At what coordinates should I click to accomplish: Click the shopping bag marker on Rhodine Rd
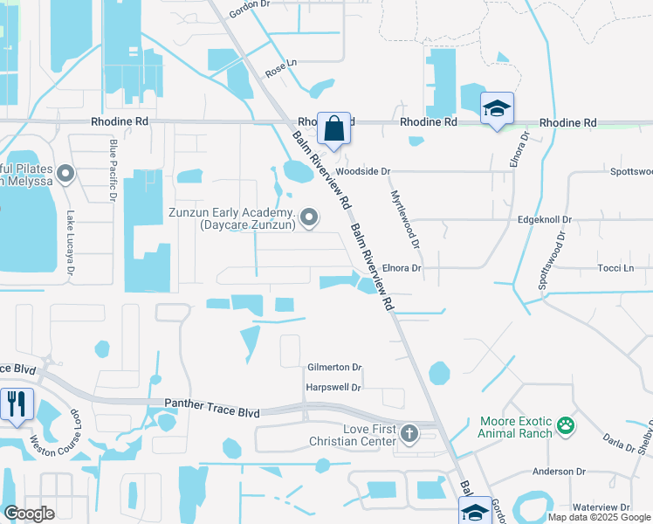[x=333, y=128]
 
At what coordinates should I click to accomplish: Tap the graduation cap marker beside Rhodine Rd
[x=497, y=109]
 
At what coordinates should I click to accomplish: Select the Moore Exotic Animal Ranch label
[x=515, y=427]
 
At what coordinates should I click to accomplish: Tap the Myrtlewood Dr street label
[x=404, y=219]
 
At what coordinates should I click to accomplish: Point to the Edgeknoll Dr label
[x=544, y=220]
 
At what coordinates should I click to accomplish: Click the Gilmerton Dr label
[x=334, y=368]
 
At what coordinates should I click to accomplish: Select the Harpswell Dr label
[x=333, y=387]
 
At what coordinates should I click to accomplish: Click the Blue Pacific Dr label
[x=113, y=170]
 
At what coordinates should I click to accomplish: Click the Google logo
[x=29, y=514]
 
